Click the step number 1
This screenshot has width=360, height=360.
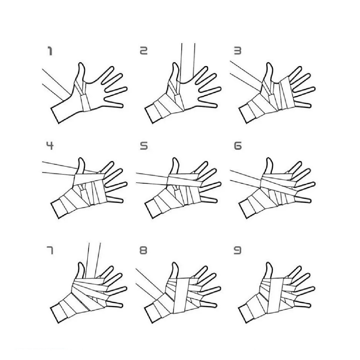point(50,51)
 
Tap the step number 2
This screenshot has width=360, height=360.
point(144,51)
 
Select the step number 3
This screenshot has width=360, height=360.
point(238,51)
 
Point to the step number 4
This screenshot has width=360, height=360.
point(50,146)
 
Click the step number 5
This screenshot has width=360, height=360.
point(144,146)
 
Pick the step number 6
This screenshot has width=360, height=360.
point(238,146)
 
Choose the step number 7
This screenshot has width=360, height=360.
point(50,250)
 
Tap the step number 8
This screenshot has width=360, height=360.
point(144,250)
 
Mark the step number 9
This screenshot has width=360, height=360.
point(238,250)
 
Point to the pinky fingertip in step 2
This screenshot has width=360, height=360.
point(216,106)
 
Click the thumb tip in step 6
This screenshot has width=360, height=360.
point(268,159)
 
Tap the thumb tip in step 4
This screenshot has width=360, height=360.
point(81,159)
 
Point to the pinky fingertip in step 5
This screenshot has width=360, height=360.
point(216,201)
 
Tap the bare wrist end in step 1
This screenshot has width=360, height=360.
point(55,115)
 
